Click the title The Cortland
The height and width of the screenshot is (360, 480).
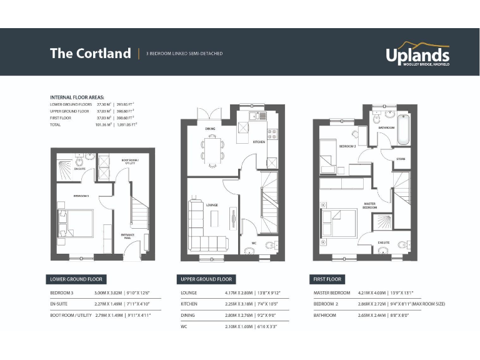tap(90, 53)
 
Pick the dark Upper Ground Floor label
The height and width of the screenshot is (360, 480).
tap(206, 279)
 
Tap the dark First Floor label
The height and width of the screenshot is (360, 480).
tap(327, 279)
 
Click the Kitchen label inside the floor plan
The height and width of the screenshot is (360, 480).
tap(259, 142)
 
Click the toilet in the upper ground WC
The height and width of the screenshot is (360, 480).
tap(251, 252)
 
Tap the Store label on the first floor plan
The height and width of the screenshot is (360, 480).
tap(401, 159)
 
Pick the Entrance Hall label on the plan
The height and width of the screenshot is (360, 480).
tap(127, 236)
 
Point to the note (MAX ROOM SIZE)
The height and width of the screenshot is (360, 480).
tap(427, 304)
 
